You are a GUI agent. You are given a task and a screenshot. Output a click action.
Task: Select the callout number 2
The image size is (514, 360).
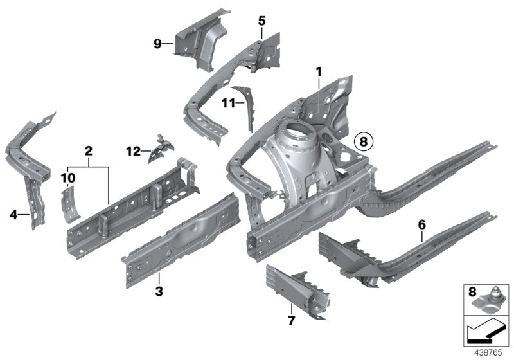tap(89, 151)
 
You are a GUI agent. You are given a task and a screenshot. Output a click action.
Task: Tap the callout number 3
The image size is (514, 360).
tap(159, 292)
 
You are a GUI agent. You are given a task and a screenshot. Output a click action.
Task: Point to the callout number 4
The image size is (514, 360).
tap(14, 214)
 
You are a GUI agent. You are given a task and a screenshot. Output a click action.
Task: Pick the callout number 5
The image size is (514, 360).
tap(261, 21)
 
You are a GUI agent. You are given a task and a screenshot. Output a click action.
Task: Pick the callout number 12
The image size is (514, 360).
tap(133, 152)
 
